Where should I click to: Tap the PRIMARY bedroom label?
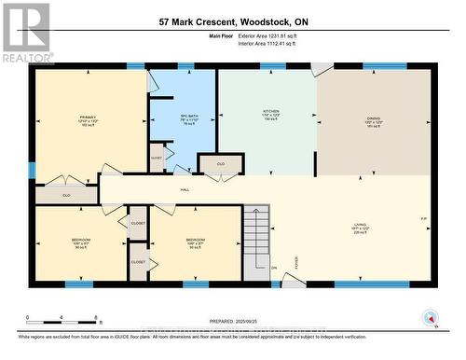(88, 119)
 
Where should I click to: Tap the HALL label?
(185, 188)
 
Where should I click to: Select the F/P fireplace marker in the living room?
(424, 220)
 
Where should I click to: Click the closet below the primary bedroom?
(66, 195)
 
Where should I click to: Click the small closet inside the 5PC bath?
(157, 159)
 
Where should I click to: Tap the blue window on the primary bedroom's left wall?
(33, 171)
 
